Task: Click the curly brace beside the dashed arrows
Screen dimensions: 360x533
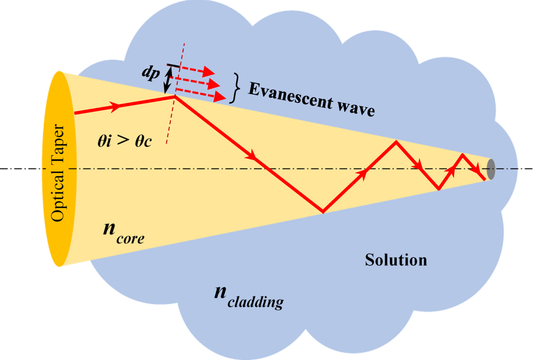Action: point(236,87)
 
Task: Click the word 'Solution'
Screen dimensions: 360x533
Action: point(396,260)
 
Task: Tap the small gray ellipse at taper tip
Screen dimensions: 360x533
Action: point(491,169)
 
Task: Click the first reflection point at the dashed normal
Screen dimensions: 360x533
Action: point(174,96)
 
